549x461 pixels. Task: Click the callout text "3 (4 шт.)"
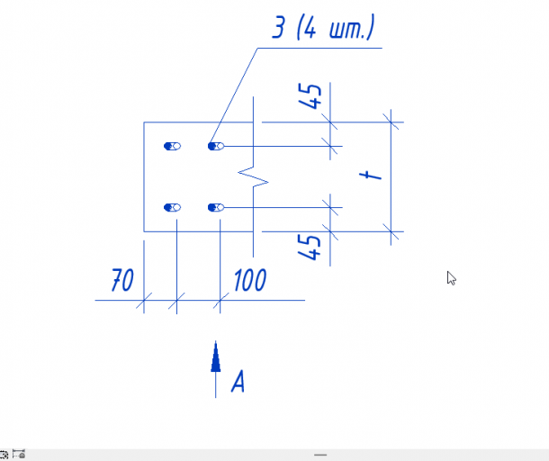click(323, 27)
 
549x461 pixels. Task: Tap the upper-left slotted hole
click(172, 146)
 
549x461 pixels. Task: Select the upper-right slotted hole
click(216, 146)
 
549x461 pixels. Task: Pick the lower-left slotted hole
click(172, 207)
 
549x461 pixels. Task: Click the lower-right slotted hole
click(216, 207)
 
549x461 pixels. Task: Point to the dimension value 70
click(122, 280)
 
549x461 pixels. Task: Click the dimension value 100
click(250, 280)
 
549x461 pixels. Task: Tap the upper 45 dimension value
click(310, 96)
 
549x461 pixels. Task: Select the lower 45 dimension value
click(309, 248)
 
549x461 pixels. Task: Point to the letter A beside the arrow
click(238, 381)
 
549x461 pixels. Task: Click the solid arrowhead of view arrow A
click(216, 357)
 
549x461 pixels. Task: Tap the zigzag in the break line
click(253, 176)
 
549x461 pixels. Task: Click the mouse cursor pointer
click(451, 278)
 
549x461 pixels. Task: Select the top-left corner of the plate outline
click(144, 122)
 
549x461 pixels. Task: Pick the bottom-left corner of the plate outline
click(144, 231)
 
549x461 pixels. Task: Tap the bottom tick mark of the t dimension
click(391, 231)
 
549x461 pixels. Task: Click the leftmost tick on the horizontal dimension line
click(144, 300)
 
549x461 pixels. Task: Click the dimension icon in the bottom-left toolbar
click(19, 454)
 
